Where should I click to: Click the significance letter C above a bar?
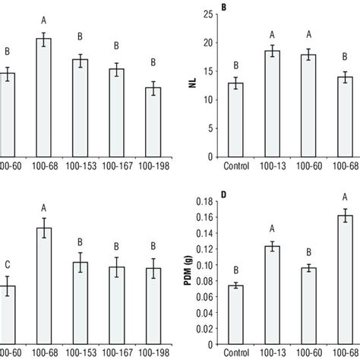[x=7, y=265]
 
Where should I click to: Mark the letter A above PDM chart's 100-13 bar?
[x=272, y=229]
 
